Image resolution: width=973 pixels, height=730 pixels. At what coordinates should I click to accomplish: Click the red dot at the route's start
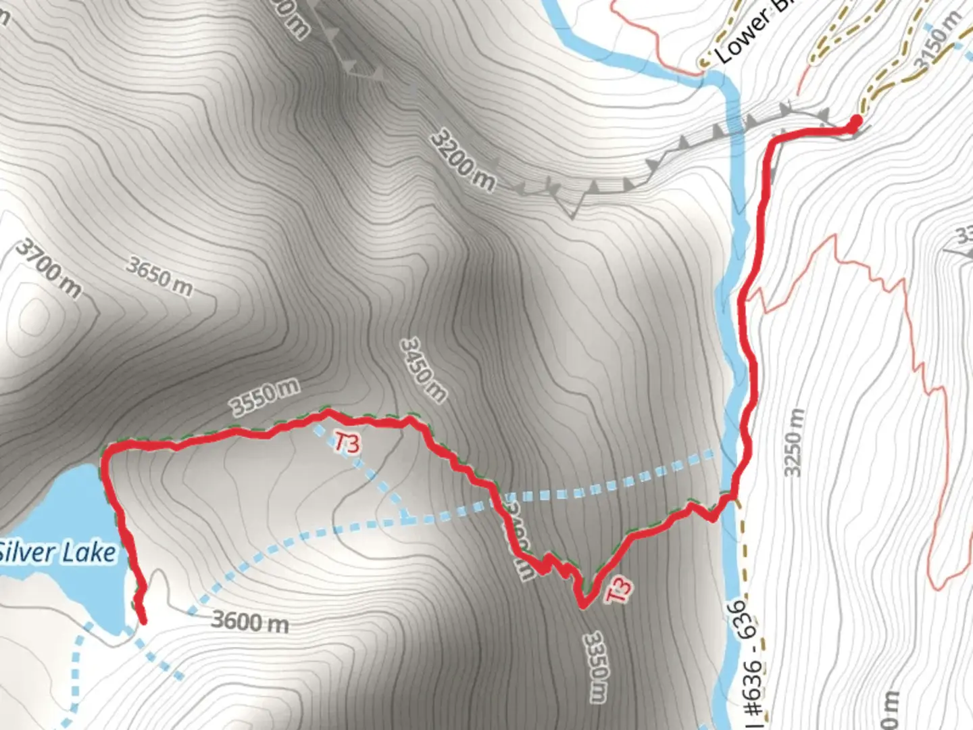855,122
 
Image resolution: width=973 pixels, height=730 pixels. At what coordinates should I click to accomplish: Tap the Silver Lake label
57,552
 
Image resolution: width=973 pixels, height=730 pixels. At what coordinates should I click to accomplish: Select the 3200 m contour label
462,161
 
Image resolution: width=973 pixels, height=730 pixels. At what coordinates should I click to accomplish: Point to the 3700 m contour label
48,268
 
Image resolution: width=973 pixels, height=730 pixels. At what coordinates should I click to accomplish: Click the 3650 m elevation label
159,276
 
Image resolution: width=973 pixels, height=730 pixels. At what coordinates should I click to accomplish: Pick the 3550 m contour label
264,397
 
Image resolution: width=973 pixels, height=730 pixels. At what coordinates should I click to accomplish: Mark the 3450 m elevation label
423,370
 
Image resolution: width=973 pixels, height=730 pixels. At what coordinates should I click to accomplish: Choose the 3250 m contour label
795,442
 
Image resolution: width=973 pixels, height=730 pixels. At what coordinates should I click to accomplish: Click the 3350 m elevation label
595,666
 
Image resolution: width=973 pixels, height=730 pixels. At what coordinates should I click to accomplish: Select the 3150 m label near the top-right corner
937,41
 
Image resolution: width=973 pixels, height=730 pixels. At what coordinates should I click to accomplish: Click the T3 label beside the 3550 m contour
347,444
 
